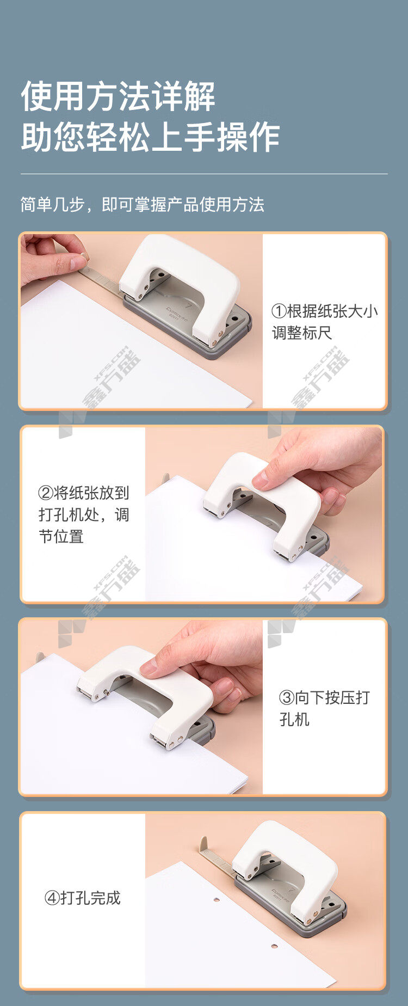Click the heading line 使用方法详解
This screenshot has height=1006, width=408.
pos(118,97)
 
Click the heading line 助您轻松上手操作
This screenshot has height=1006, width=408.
pos(150,137)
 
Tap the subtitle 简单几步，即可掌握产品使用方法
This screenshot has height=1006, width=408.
pos(142,205)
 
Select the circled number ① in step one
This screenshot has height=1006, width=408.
pos(279,311)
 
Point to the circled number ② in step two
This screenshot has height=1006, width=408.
pos(46,493)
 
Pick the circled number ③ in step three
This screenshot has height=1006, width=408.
pos(287,698)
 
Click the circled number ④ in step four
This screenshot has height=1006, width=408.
pos(52,898)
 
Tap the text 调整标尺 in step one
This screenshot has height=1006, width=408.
pos(302,333)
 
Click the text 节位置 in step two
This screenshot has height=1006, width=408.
pos(61,537)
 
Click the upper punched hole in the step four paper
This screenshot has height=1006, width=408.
pos(216,899)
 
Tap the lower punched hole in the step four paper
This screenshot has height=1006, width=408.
pos(274,946)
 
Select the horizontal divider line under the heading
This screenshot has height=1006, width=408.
pos(204,174)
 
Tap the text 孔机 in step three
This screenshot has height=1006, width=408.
pos(294,720)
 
